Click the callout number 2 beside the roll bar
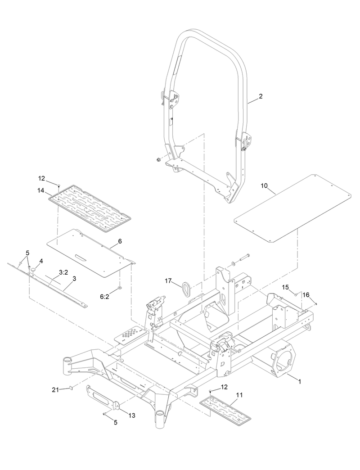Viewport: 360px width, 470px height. tap(261, 96)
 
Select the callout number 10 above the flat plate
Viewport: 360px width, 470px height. tap(264, 185)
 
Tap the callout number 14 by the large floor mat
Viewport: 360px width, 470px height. tap(41, 190)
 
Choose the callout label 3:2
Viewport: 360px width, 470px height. tap(63, 272)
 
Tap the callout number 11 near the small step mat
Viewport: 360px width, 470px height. tap(239, 395)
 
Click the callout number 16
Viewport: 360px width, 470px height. tap(306, 295)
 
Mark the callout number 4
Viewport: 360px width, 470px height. tap(41, 261)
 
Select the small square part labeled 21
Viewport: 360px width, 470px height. tap(71, 388)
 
